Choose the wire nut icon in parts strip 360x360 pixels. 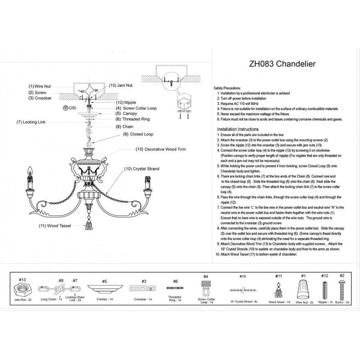point(304,287)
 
